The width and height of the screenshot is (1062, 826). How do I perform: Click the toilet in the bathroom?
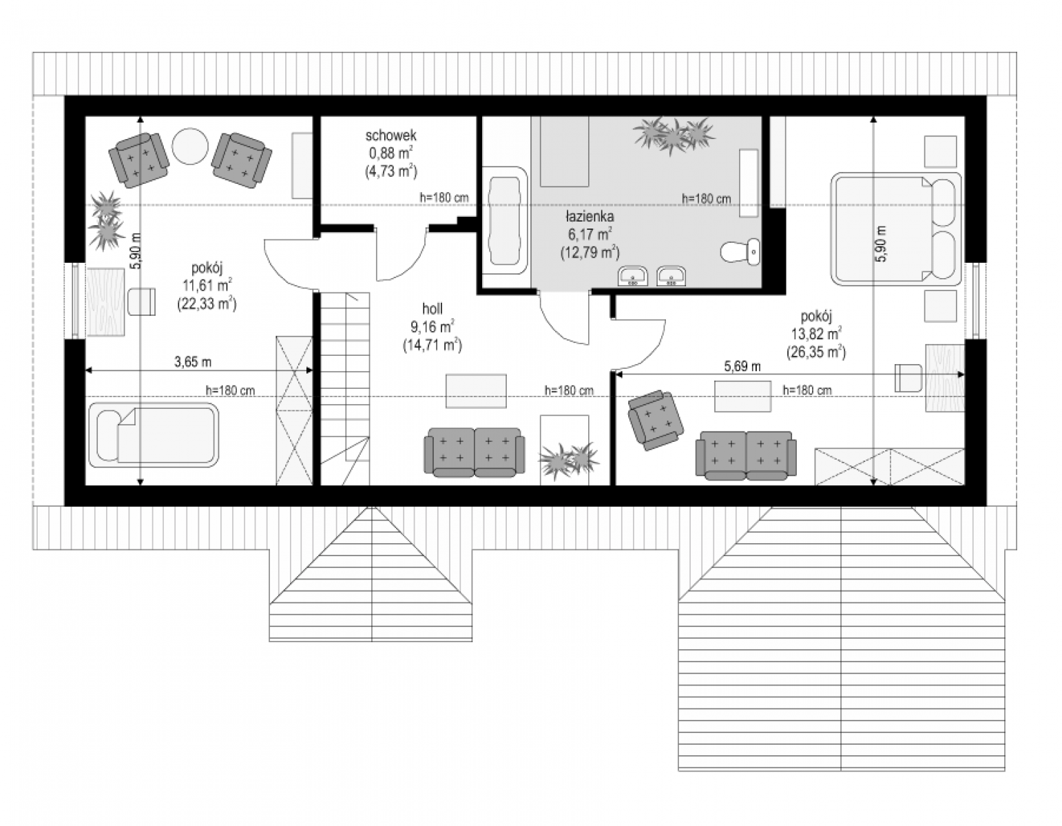point(740,252)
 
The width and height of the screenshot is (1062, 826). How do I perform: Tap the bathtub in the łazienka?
point(505,221)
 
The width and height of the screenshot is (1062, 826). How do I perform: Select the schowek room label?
point(391,135)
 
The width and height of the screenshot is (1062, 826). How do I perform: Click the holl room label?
point(433,308)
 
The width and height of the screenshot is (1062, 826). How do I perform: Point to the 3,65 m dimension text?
point(193,362)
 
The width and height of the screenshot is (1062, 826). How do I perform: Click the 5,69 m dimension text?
point(742,366)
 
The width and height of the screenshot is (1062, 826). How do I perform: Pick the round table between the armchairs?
point(190,146)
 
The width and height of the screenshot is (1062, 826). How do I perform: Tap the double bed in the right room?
point(896,229)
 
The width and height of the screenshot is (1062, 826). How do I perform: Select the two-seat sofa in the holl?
point(474,452)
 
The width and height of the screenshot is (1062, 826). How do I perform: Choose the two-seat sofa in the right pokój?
point(746,455)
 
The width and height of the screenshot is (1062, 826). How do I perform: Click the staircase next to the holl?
point(345,389)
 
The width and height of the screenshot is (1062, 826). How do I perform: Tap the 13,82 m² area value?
point(816,334)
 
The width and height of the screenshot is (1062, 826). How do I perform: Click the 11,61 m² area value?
point(207,285)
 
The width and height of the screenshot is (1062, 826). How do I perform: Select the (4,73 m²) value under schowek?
point(391,171)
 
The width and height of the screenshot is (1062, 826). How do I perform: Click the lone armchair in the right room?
point(656,420)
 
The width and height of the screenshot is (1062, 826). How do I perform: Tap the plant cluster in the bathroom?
point(674,134)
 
